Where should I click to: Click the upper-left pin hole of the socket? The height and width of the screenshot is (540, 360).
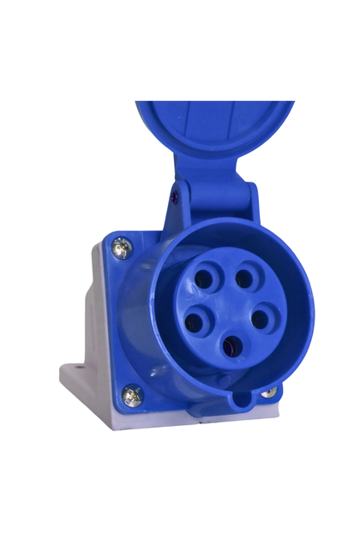[206, 279]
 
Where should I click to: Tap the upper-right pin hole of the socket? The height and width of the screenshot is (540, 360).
[245, 278]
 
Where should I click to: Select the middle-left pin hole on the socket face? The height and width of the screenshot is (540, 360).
[195, 323]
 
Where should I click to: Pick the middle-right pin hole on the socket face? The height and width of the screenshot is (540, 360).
[261, 319]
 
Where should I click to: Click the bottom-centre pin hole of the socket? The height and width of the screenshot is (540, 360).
[231, 346]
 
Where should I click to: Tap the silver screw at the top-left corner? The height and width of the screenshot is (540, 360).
[122, 247]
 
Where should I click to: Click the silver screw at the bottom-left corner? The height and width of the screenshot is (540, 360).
[131, 395]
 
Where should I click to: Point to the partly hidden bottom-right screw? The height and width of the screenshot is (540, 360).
[269, 393]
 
